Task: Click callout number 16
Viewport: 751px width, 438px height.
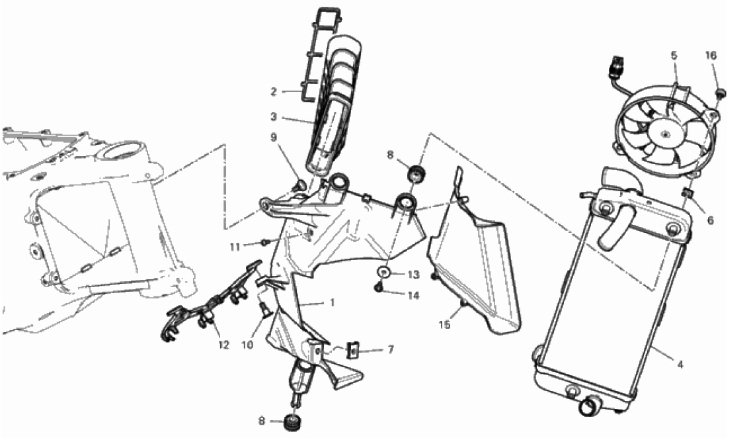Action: pos(711,56)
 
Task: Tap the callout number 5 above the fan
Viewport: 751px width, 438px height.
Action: pos(674,56)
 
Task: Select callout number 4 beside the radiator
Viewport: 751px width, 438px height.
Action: pos(680,365)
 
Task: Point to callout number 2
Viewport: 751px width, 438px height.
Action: pos(274,91)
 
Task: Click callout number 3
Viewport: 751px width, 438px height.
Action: pos(274,117)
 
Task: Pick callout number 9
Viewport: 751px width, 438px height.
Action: pos(274,138)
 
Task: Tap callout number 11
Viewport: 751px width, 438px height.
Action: pos(235,247)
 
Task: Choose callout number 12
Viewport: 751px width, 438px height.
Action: pos(224,345)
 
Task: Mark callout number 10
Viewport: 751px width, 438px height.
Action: pos(247,345)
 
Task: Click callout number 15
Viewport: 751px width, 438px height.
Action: pos(444,325)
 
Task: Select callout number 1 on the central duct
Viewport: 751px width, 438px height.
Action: pos(332,303)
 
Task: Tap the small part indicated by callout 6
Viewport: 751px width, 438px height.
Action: pos(688,194)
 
